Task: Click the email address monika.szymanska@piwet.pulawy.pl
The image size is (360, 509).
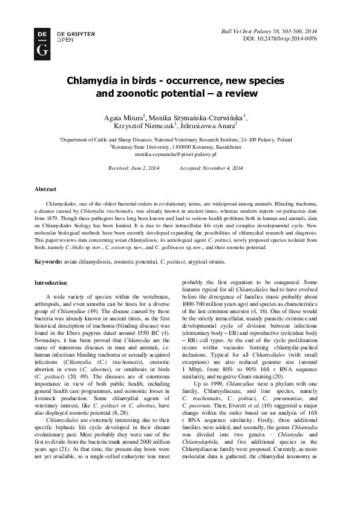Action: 180,155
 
